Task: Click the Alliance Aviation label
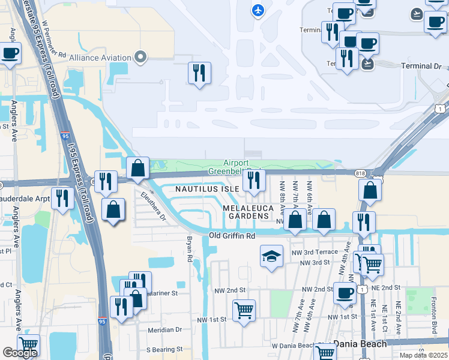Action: [100, 58]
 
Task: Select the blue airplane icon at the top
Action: [258, 10]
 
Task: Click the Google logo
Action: [20, 353]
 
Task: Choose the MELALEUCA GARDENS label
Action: [249, 212]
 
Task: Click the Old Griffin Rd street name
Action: [232, 236]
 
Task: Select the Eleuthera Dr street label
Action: [153, 206]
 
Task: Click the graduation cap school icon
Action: [271, 256]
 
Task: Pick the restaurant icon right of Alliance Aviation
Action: [199, 73]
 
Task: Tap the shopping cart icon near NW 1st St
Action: [244, 311]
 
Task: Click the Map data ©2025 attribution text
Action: [423, 355]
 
